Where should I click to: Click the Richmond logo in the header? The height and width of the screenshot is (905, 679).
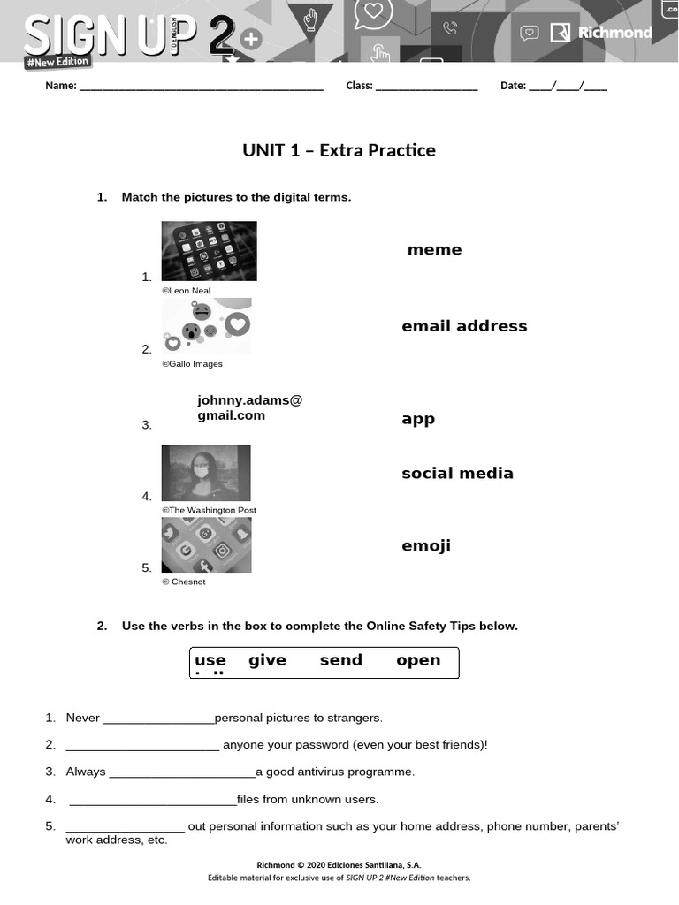tap(601, 33)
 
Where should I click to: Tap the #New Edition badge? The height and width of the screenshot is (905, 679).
tap(57, 62)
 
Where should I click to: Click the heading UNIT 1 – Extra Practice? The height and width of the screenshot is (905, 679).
tap(339, 150)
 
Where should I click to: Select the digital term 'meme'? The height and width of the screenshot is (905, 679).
tap(434, 250)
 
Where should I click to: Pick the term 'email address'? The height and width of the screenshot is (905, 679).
tap(464, 326)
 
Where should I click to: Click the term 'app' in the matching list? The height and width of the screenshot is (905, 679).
tap(418, 419)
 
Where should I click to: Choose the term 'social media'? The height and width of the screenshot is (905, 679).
tap(457, 474)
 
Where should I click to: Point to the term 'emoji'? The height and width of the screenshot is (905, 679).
tap(426, 546)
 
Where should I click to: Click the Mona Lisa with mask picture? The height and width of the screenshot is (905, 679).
tap(206, 473)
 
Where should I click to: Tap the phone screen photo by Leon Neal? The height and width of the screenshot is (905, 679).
tap(209, 251)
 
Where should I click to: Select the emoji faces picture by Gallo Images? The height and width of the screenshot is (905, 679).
tap(206, 325)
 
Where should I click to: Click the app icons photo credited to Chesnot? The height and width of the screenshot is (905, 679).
tap(206, 544)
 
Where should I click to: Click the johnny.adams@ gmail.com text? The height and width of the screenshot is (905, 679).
tap(249, 407)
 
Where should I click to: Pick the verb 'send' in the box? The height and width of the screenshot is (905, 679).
tap(341, 660)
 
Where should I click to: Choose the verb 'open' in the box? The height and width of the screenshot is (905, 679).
tap(418, 660)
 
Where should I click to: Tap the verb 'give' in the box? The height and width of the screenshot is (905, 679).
tap(267, 660)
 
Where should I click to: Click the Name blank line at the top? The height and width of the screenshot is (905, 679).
tap(202, 87)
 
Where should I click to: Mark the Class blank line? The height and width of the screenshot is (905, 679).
tap(426, 87)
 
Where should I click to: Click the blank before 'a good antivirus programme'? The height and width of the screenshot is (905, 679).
tap(181, 772)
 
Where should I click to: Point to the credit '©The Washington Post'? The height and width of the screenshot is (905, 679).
tap(209, 511)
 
